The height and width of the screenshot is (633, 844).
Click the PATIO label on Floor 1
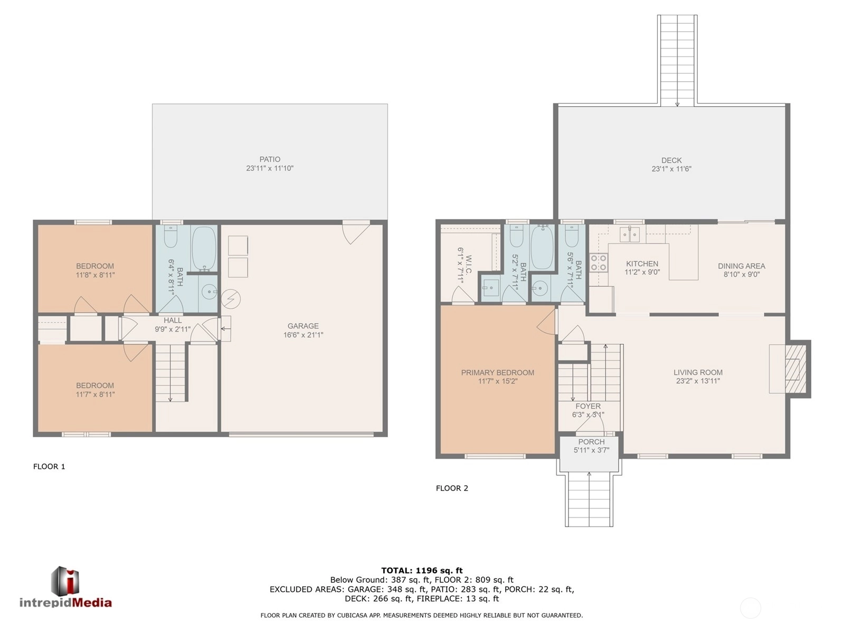270,159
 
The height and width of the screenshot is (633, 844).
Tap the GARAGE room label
303,326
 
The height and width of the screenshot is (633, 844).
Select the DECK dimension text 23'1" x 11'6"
671,169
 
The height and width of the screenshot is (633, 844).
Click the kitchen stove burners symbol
599,262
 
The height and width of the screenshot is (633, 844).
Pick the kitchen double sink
630,234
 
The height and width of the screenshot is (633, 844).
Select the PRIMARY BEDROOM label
498,373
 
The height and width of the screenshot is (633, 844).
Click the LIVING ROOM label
698,372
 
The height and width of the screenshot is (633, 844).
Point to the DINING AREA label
741,266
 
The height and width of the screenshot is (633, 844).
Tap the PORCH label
591,442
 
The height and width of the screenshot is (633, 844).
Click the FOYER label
588,406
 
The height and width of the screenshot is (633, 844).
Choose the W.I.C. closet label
468,265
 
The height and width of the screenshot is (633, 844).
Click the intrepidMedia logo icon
65,581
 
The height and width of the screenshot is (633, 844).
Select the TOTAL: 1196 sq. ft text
422,571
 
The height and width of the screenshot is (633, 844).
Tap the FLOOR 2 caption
452,488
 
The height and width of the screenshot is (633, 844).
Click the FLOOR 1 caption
49,467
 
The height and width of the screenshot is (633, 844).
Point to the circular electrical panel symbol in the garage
231,299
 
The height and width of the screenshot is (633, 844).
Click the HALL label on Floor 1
173,320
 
